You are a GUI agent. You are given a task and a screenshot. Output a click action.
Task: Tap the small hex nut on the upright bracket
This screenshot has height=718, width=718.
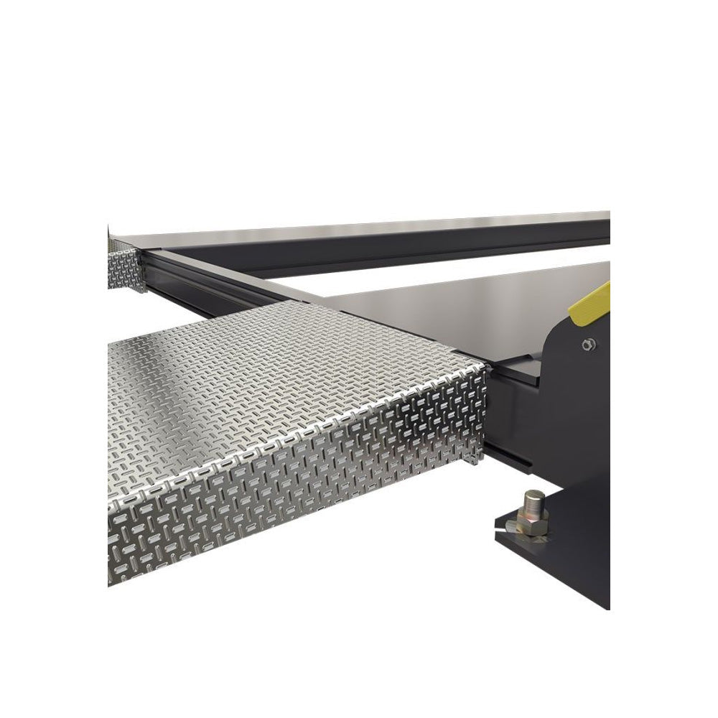[x=588, y=345]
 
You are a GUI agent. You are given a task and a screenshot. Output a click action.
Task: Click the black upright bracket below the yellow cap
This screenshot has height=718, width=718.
[x=574, y=402]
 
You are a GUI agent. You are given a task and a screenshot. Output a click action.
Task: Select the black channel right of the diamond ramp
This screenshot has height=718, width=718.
[x=510, y=424]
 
